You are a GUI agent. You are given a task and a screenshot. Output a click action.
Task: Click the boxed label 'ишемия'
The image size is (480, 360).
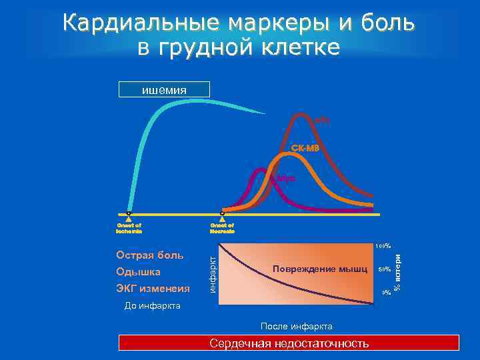click(164, 89)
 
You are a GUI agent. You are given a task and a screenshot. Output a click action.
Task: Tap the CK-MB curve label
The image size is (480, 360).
click(305, 147)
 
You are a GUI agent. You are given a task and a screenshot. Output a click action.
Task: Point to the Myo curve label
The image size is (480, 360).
click(285, 178)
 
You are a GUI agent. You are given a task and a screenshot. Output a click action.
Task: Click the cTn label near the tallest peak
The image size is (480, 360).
click(322, 120)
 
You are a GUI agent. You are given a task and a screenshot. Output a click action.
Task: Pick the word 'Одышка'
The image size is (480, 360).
click(138, 272)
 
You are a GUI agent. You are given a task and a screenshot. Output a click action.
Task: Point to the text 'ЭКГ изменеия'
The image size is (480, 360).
click(153, 289)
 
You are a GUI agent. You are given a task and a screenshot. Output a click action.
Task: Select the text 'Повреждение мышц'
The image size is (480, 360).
click(320, 269)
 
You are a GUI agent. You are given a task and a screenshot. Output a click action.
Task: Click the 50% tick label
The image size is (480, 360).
click(384, 269)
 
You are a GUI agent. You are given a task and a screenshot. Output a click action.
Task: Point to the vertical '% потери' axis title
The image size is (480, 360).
click(397, 269)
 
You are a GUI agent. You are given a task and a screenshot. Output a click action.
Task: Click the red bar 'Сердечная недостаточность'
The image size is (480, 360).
click(289, 343)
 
